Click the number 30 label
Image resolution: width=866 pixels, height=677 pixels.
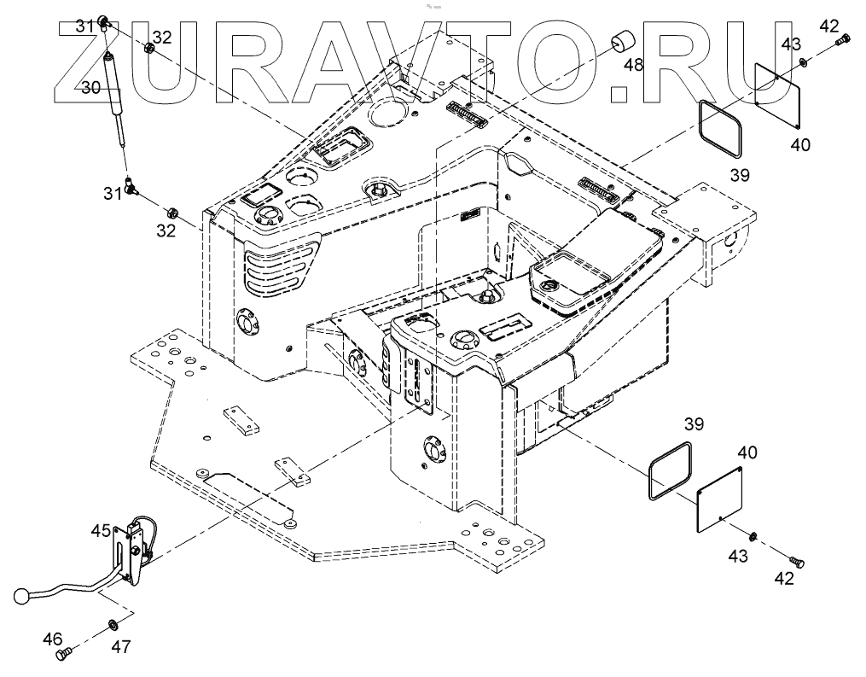click(91, 87)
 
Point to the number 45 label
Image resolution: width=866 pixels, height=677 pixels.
click(101, 530)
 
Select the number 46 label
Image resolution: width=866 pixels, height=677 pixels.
click(52, 638)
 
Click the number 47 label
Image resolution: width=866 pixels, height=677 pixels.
click(121, 647)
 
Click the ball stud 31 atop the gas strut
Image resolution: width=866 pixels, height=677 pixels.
click(103, 20)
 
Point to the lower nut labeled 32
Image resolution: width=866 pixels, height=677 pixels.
click(169, 212)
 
